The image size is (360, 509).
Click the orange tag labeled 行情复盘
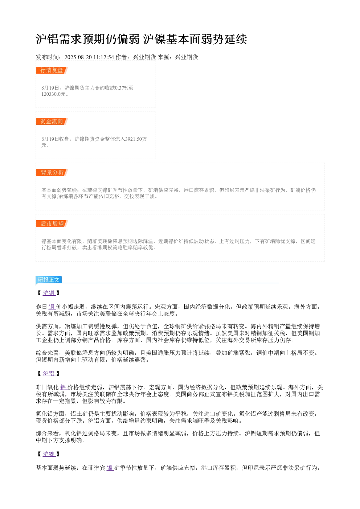click(x=52, y=70)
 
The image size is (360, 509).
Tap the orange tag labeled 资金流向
click(x=52, y=121)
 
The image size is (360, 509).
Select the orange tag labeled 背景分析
click(x=52, y=172)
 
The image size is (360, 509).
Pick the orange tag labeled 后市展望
click(x=52, y=223)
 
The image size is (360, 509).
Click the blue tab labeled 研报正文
click(x=49, y=280)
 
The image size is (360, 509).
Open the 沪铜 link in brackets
click(x=49, y=293)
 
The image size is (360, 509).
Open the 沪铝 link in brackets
click(x=49, y=373)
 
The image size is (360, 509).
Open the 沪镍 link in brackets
click(x=49, y=454)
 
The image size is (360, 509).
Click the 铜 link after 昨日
click(x=52, y=307)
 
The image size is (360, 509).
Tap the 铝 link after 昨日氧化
click(x=64, y=387)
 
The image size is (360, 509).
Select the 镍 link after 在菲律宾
click(x=110, y=468)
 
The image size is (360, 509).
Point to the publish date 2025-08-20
click(x=78, y=57)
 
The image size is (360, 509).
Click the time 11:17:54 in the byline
click(x=104, y=57)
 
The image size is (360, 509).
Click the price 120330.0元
click(x=53, y=94)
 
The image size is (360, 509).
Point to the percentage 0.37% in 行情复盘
click(x=122, y=88)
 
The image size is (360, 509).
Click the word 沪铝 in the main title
click(x=48, y=39)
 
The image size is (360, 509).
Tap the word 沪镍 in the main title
click(x=155, y=39)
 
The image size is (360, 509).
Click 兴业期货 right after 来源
click(x=187, y=57)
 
